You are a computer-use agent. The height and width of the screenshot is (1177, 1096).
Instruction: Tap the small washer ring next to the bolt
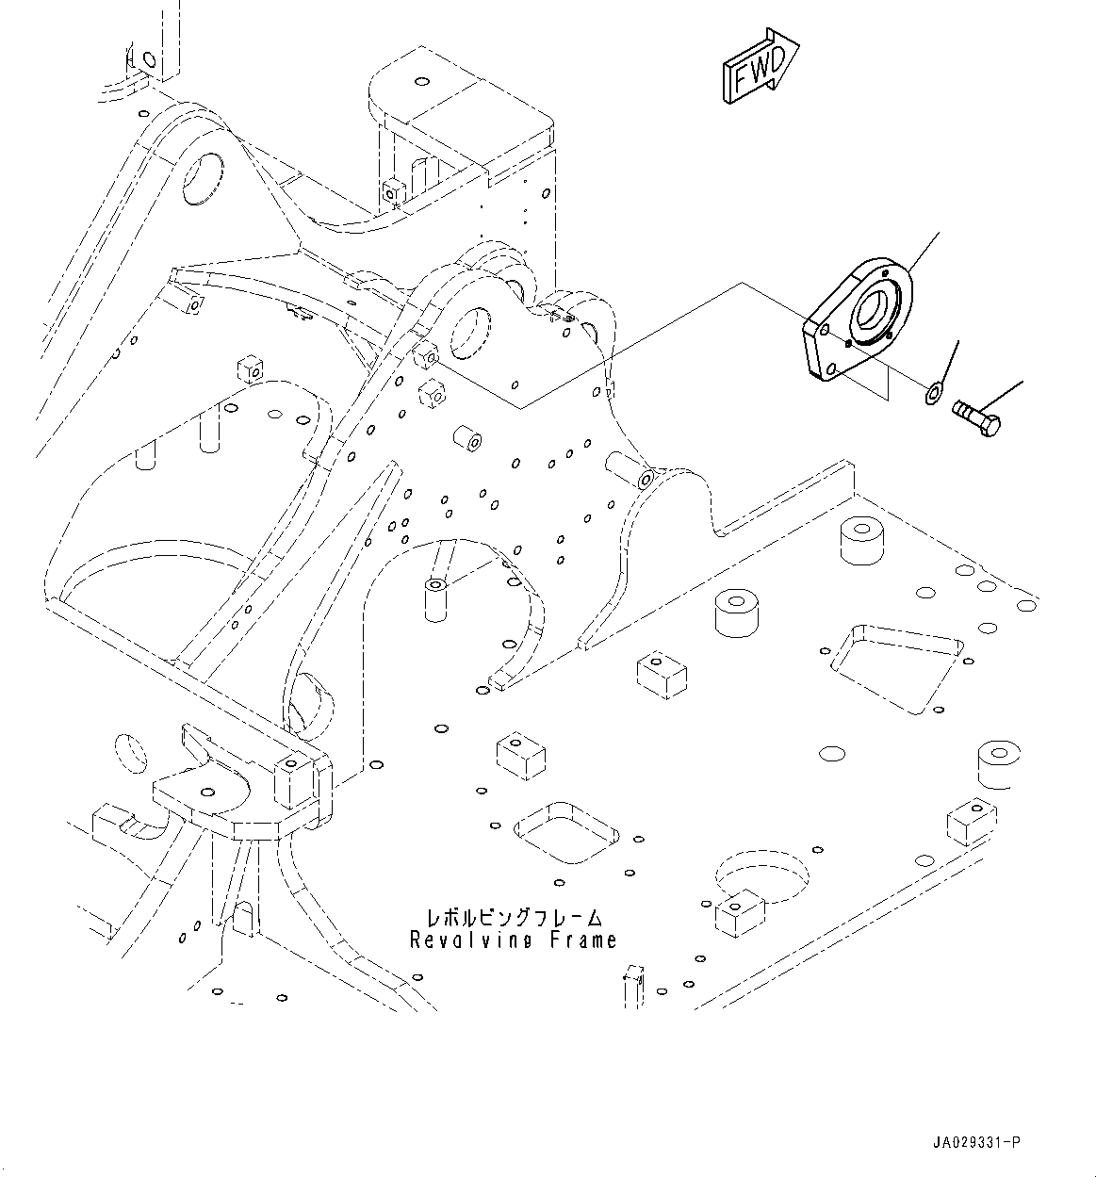pyautogui.click(x=933, y=391)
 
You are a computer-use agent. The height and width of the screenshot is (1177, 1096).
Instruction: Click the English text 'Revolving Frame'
pyautogui.click(x=514, y=940)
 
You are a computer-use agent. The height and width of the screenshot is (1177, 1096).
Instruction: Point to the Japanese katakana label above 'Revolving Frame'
pyautogui.click(x=514, y=916)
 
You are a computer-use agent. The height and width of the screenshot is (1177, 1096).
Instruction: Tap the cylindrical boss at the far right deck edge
pyautogui.click(x=1000, y=763)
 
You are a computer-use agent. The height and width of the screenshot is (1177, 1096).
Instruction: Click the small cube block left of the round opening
pyautogui.click(x=740, y=912)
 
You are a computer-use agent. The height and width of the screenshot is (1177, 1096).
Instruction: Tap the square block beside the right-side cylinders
pyautogui.click(x=662, y=675)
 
